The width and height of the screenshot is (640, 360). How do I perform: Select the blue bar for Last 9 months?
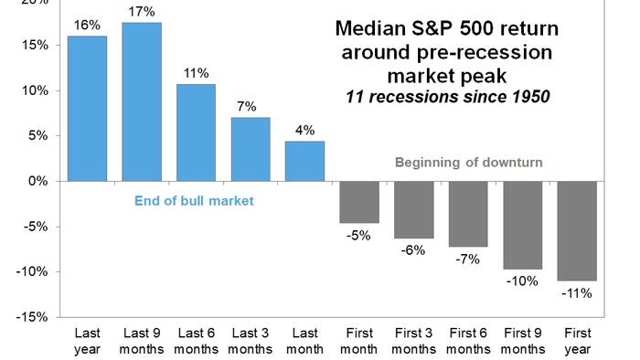[141, 101]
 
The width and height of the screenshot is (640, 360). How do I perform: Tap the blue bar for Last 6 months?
[196, 132]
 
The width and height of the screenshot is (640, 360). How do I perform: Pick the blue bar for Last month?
[304, 161]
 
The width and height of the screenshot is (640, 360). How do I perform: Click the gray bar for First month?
[358, 201]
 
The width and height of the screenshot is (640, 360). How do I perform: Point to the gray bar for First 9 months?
[522, 225]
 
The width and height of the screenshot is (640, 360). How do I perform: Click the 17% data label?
[141, 12]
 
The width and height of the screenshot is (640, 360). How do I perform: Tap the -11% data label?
[577, 293]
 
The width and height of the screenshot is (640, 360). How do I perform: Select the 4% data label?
[304, 129]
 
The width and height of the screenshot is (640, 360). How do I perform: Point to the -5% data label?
[358, 236]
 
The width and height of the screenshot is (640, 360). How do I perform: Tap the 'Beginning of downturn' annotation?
[468, 163]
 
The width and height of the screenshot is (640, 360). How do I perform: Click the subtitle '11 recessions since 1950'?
[448, 96]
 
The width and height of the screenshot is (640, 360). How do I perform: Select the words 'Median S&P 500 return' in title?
[448, 28]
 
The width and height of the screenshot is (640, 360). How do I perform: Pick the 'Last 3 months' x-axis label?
[250, 341]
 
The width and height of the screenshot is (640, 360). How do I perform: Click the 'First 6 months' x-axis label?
[468, 341]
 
